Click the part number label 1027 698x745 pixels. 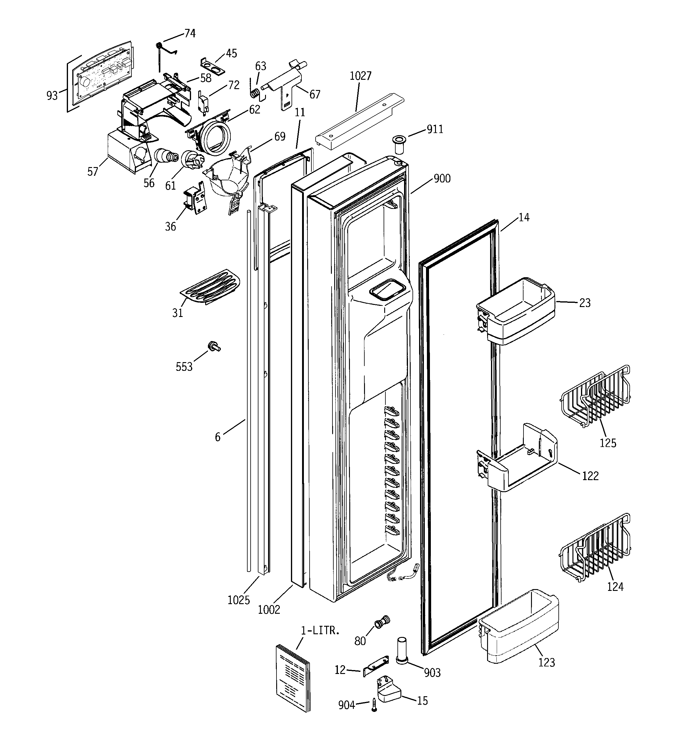(360, 76)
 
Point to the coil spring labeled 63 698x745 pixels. (255, 92)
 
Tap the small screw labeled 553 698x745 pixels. (214, 346)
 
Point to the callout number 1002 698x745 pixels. (269, 610)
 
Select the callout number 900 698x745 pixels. (442, 179)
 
